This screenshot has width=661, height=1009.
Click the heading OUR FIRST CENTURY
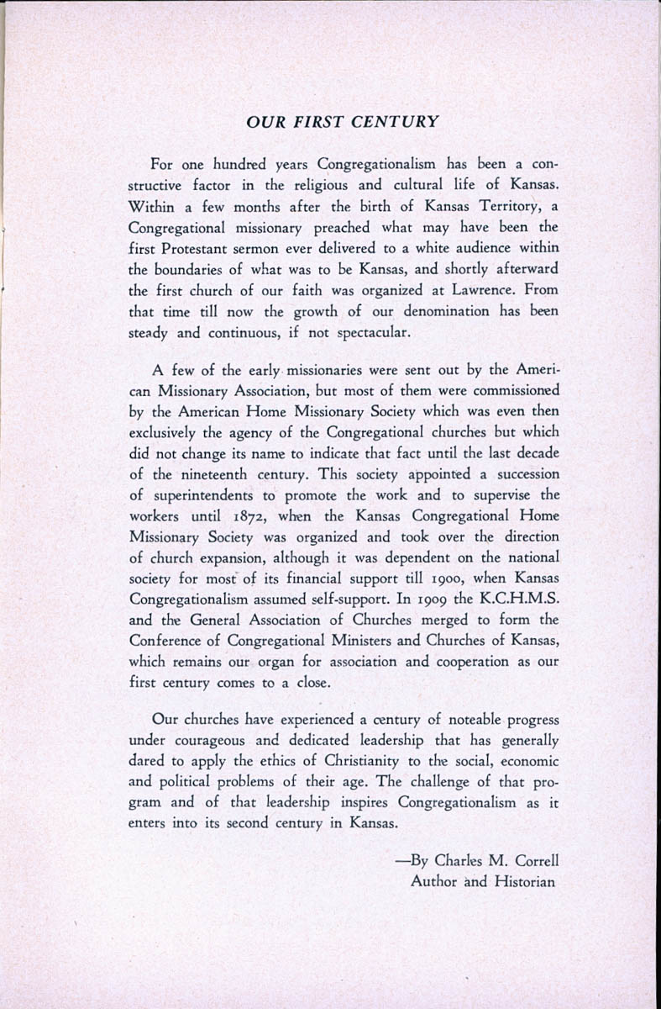click(343, 121)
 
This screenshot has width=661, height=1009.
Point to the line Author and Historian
click(483, 882)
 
